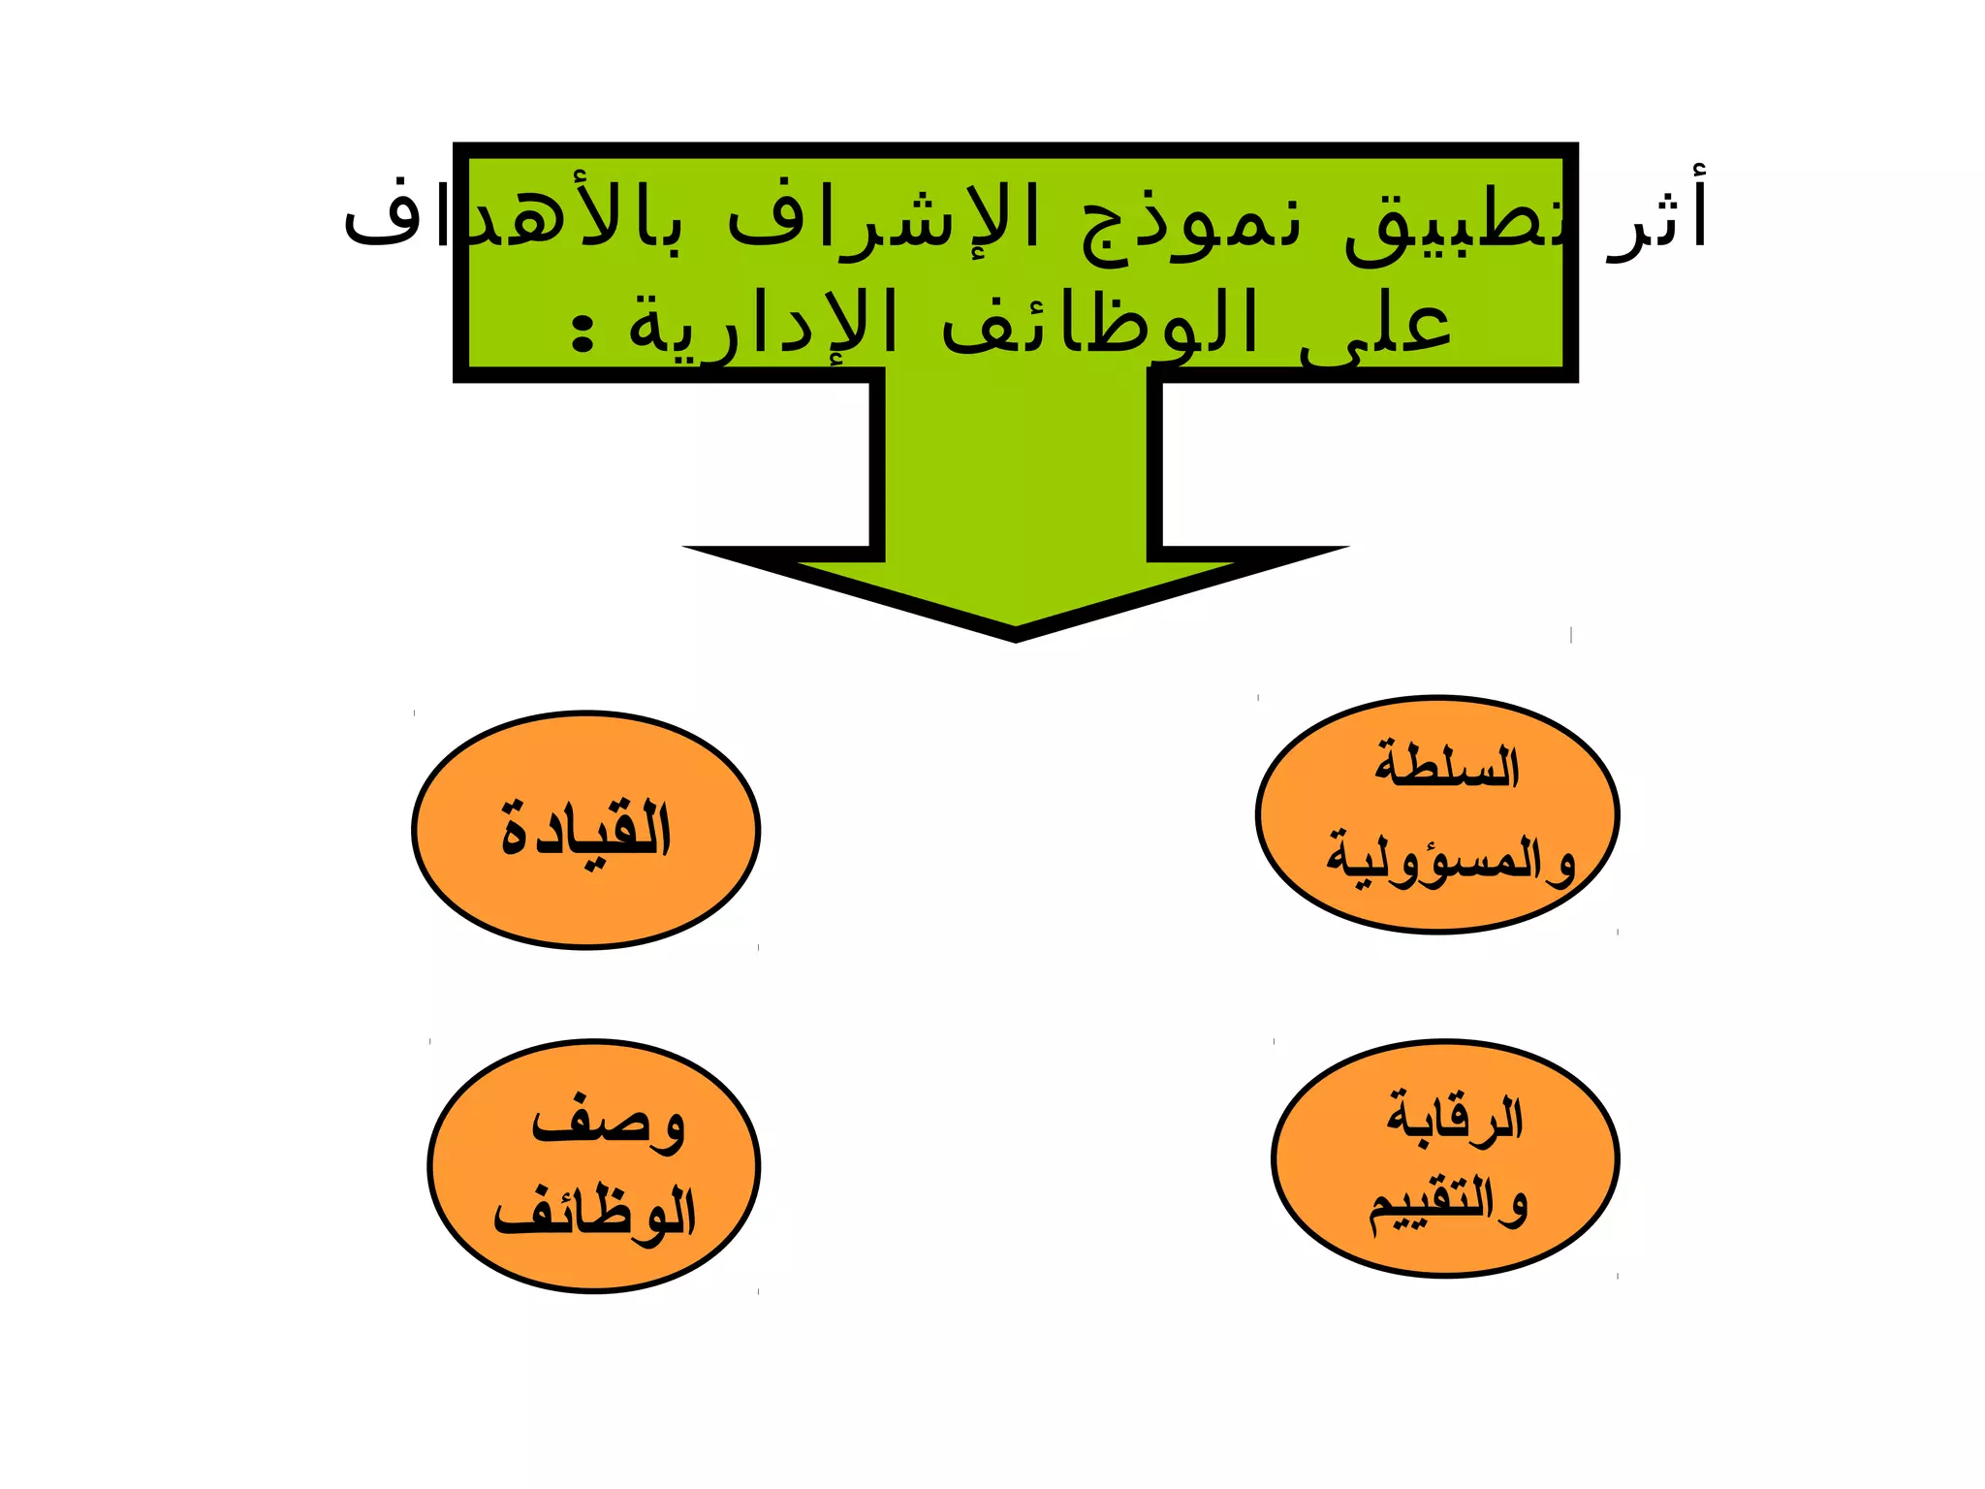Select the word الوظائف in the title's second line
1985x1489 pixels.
1100,325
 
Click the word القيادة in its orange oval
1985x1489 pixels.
586,832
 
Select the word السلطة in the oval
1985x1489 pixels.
1446,766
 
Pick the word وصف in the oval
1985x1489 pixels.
608,1125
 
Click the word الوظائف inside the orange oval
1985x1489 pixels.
595,1212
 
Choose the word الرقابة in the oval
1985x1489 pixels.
1454,1118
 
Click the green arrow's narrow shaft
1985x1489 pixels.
1015,465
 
